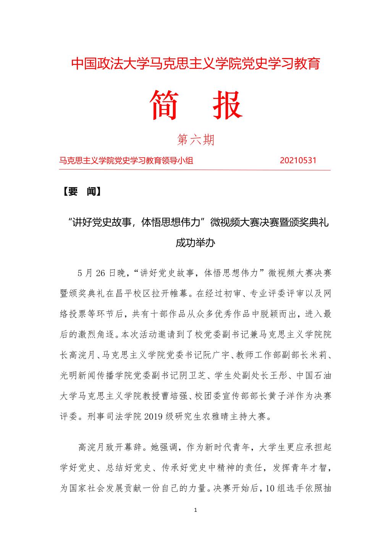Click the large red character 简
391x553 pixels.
(165, 105)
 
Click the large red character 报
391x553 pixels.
(228, 105)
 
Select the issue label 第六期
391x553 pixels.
(196, 140)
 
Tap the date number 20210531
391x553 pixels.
(298, 160)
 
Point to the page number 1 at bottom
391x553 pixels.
(195, 510)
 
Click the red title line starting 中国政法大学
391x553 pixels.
(195, 64)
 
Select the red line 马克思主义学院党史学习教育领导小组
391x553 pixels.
(126, 160)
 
